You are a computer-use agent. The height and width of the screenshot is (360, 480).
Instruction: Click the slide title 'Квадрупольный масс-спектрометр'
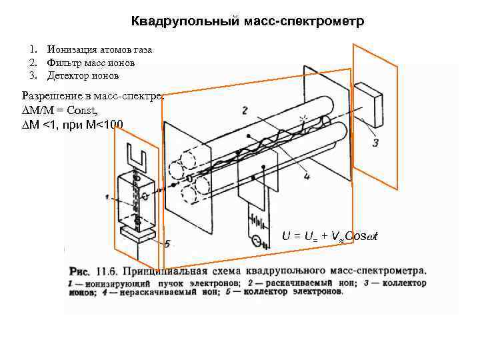coord(247,22)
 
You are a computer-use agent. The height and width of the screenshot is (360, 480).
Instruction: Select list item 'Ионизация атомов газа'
coord(99,50)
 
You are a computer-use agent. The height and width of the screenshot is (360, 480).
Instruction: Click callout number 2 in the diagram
coord(245,110)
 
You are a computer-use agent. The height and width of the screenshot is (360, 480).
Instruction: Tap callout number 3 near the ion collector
coord(375,142)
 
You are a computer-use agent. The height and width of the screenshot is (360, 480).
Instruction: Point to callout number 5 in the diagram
coord(167,244)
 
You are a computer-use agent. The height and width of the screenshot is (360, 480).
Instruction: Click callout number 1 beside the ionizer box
coord(107,197)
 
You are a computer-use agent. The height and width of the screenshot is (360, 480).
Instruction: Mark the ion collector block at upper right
coord(368,100)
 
